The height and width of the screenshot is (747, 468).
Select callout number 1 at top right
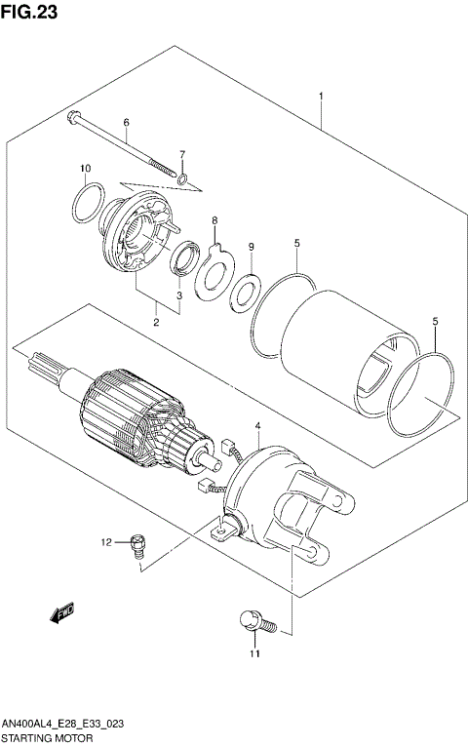[x=321, y=97]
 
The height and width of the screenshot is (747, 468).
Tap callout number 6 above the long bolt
[x=126, y=123]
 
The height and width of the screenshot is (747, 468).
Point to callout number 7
[x=181, y=154]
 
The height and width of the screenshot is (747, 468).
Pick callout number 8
[x=214, y=222]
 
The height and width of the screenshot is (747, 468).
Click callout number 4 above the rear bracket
[x=257, y=426]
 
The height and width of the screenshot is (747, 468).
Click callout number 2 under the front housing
[x=156, y=321]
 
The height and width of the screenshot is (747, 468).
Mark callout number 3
[x=179, y=295]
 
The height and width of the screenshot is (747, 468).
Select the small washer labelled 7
[x=184, y=179]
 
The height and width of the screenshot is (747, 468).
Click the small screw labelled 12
[x=137, y=542]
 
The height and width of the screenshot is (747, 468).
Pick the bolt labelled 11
[x=252, y=618]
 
